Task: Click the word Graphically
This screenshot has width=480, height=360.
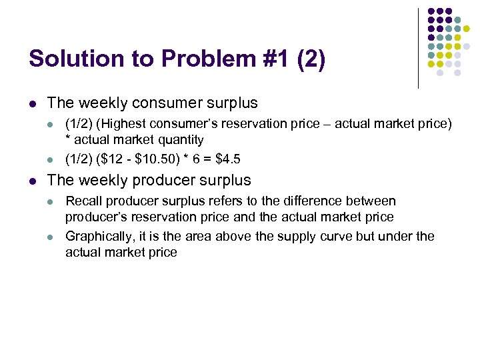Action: coord(98,236)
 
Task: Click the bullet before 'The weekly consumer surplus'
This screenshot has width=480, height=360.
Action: coord(32,104)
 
